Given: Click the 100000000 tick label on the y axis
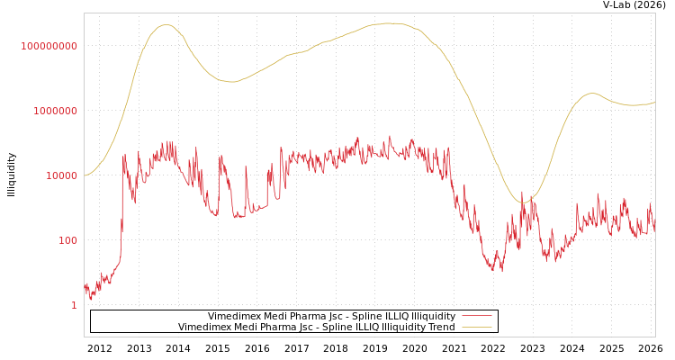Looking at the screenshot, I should click(x=49, y=46).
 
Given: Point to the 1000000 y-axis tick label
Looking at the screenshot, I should click(x=55, y=111).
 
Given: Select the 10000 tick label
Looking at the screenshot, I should click(x=61, y=175).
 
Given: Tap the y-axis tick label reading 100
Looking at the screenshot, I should click(x=67, y=240).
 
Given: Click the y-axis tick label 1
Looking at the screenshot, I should click(x=74, y=305).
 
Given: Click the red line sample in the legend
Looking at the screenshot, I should click(x=476, y=316).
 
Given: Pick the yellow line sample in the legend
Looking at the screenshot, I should click(x=476, y=327).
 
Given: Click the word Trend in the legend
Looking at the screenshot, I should click(x=441, y=327).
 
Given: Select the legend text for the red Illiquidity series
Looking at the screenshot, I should click(x=331, y=316).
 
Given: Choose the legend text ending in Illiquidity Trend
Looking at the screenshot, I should click(x=316, y=327).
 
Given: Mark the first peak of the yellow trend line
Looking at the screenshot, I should click(x=166, y=24).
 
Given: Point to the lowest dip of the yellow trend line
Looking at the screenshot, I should click(x=522, y=202).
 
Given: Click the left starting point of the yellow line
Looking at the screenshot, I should click(x=85, y=175).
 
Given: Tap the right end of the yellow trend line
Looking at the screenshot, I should click(x=655, y=103).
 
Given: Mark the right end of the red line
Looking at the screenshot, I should click(x=655, y=230).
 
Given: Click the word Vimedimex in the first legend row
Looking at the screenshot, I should click(x=232, y=316).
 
